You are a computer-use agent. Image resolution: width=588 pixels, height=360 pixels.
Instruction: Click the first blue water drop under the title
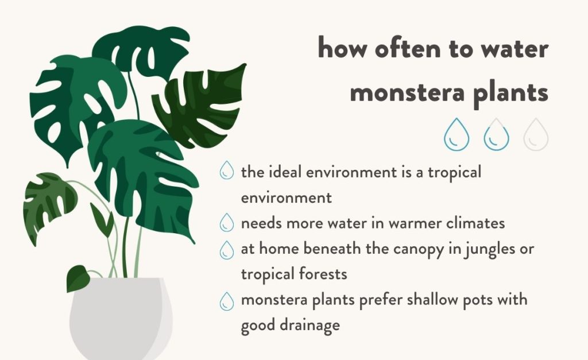coord(457,134)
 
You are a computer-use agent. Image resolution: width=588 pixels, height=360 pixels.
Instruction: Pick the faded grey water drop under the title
coord(536,134)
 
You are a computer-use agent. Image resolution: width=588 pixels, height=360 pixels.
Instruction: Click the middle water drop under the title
coord(497,134)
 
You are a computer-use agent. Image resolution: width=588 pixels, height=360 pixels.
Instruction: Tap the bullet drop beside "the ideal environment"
coord(226,171)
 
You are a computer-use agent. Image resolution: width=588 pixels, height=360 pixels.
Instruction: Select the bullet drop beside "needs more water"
coord(226,222)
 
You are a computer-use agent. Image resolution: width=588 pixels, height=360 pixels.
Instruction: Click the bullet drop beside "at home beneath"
coord(226,250)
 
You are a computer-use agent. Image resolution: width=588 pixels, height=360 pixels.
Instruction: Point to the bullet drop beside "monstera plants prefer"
coord(226,301)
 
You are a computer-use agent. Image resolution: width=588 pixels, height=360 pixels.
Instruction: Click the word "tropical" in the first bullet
coord(455,173)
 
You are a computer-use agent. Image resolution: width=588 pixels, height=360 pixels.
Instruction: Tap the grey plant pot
coord(121,319)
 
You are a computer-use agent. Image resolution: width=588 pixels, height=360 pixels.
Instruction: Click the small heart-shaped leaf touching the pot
coord(78,278)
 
